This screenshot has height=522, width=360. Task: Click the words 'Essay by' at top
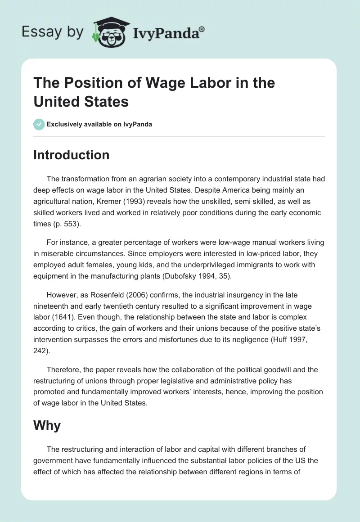pyautogui.click(x=52, y=32)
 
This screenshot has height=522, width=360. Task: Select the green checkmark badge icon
pyautogui.click(x=39, y=124)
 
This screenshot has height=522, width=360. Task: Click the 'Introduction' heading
pyautogui.click(x=71, y=155)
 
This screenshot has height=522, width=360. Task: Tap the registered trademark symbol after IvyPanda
pyautogui.click(x=202, y=28)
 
